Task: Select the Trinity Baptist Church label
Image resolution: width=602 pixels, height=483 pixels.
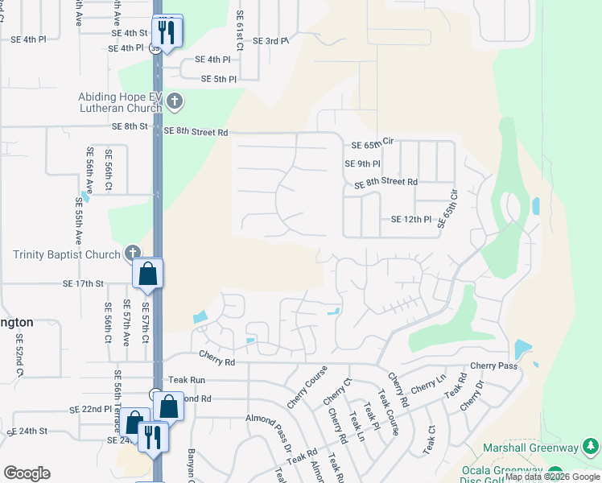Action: click(66, 254)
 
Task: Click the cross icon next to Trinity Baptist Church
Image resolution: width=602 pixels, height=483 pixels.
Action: click(134, 254)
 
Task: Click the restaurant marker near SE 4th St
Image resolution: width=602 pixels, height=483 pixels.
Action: click(167, 32)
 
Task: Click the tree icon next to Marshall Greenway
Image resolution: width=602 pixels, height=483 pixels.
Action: click(591, 447)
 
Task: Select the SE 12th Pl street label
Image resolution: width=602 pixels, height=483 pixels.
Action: click(411, 219)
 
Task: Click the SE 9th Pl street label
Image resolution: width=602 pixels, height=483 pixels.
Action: click(362, 163)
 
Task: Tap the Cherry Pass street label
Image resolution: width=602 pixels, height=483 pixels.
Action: click(494, 365)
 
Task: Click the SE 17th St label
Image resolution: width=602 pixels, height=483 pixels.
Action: click(84, 283)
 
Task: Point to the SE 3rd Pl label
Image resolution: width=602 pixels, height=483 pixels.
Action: click(270, 40)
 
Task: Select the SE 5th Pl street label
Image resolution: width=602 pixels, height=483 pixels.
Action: click(219, 79)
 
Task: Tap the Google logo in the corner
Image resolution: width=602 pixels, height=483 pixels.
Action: click(27, 473)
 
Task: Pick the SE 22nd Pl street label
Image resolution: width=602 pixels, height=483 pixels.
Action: click(90, 409)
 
